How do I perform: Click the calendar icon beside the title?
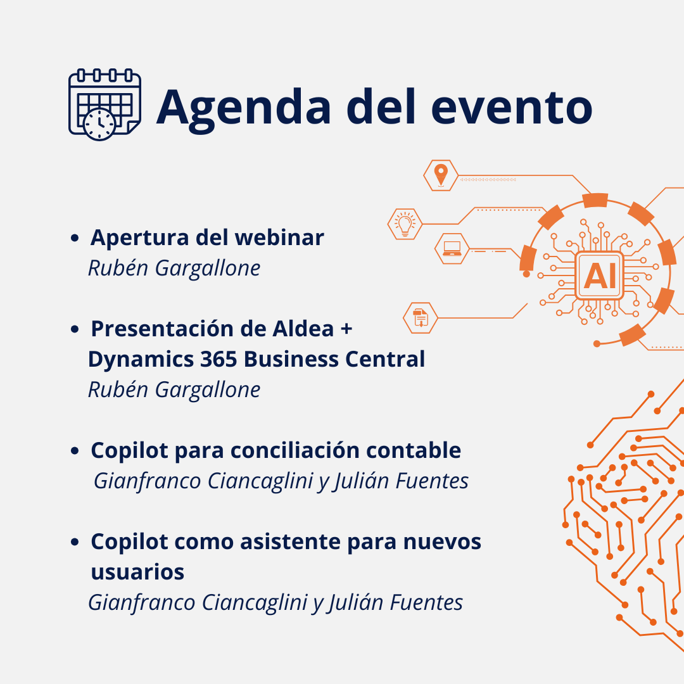tap(104, 104)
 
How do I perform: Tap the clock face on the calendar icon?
tap(99, 124)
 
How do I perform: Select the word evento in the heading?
tap(511, 108)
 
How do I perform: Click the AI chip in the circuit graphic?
tap(599, 275)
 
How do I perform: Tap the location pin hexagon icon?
tap(441, 175)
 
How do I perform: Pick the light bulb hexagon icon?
tap(405, 224)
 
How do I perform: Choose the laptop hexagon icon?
tap(452, 249)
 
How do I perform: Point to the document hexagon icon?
tap(420, 318)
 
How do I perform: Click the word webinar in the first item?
tap(279, 237)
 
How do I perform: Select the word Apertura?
tap(139, 239)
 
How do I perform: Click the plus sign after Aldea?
tap(346, 329)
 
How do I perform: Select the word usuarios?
tap(138, 573)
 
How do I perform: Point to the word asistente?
tap(291, 541)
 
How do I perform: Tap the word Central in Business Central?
tap(385, 360)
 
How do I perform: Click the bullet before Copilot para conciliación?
tap(75, 451)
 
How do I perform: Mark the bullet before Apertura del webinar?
tap(75, 238)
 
